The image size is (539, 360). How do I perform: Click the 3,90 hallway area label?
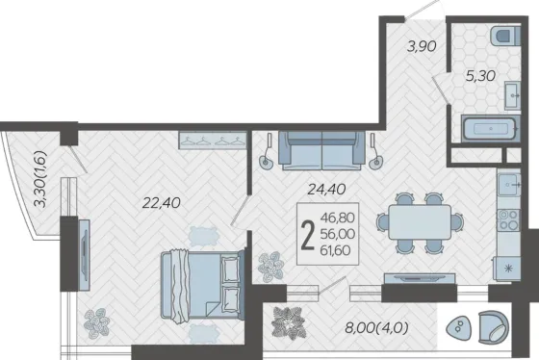click(422, 46)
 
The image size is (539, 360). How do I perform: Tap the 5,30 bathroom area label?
click(480, 75)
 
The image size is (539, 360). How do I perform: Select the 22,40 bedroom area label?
click(162, 203)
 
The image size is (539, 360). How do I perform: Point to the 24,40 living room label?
click(326, 189)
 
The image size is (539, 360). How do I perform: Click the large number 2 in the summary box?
click(308, 235)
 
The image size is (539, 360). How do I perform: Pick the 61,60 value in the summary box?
click(336, 250)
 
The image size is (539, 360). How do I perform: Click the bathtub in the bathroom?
click(490, 129)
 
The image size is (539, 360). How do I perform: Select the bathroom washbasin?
click(513, 95)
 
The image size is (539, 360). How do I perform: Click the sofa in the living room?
click(321, 150)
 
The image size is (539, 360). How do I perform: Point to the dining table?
click(420, 221)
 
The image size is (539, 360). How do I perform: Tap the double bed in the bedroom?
click(202, 285)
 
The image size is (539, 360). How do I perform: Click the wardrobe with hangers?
click(213, 141)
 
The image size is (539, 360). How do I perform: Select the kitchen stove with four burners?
click(509, 219)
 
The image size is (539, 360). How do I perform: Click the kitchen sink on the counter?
click(509, 184)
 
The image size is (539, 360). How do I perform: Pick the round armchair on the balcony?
click(493, 327)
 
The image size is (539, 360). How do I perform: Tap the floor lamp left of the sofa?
click(268, 151)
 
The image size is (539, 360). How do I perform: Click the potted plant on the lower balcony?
click(289, 323)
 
